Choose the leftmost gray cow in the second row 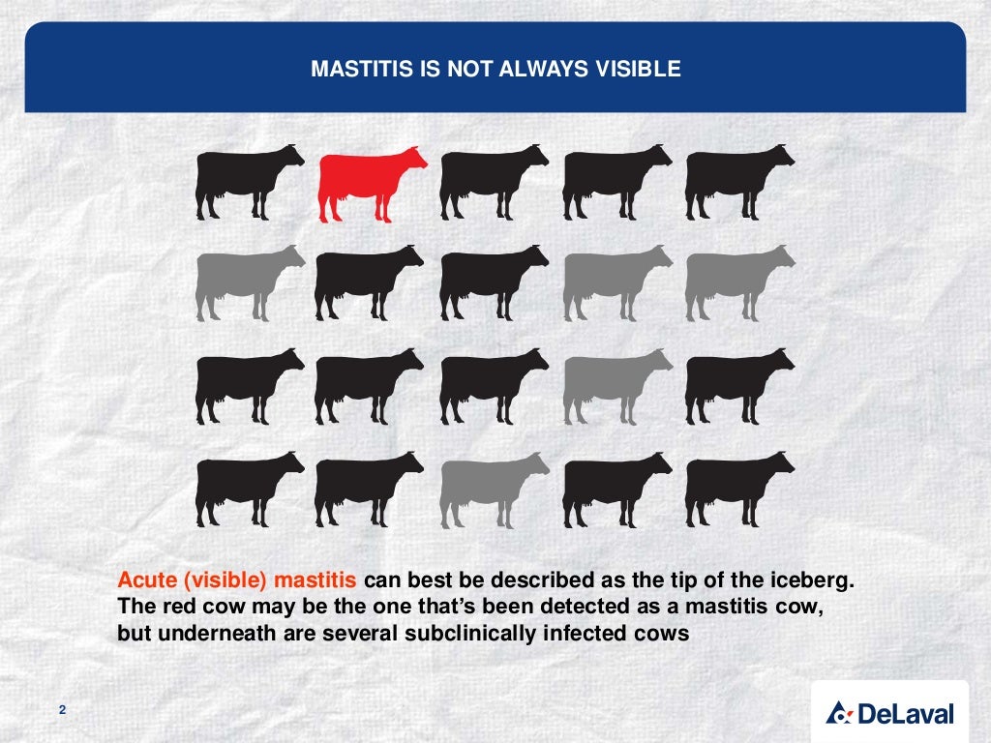(247, 282)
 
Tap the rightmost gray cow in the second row (737, 282)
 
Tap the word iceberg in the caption (819, 581)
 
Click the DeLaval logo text (905, 715)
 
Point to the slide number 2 (62, 712)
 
